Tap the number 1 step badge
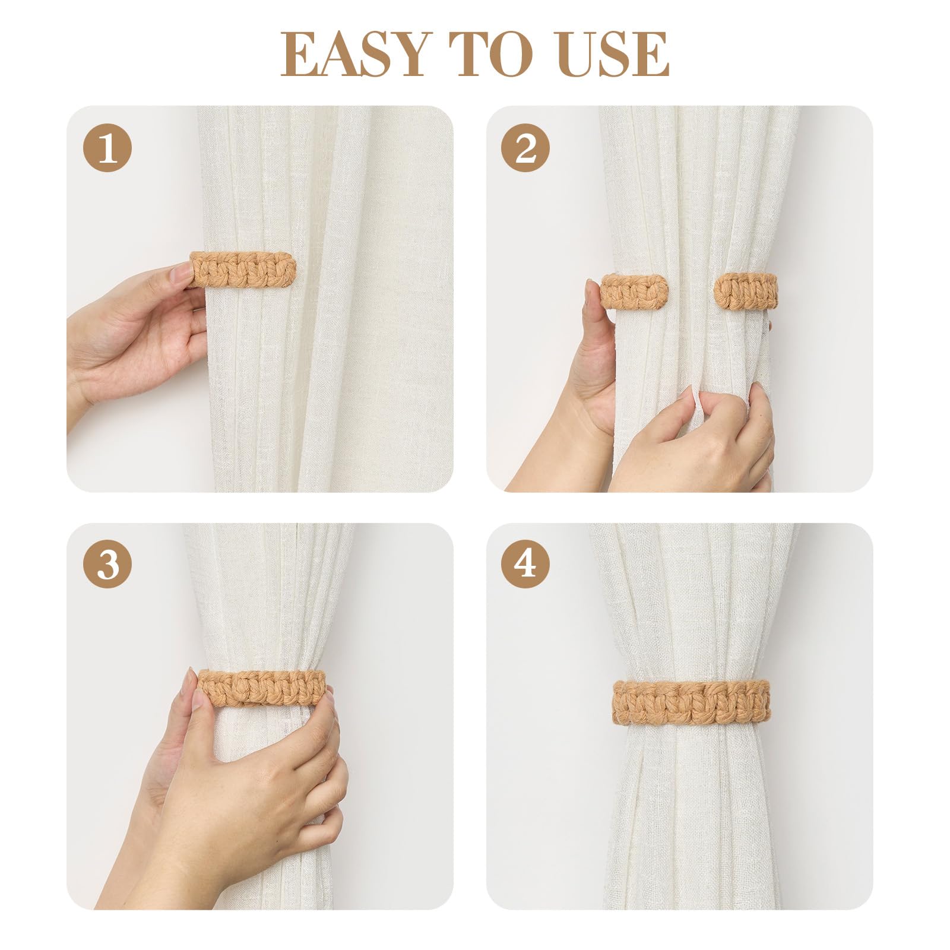tap(107, 148)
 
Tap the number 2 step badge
tap(525, 148)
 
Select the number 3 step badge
tap(107, 564)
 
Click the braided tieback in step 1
tap(242, 270)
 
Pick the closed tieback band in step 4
tap(691, 702)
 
